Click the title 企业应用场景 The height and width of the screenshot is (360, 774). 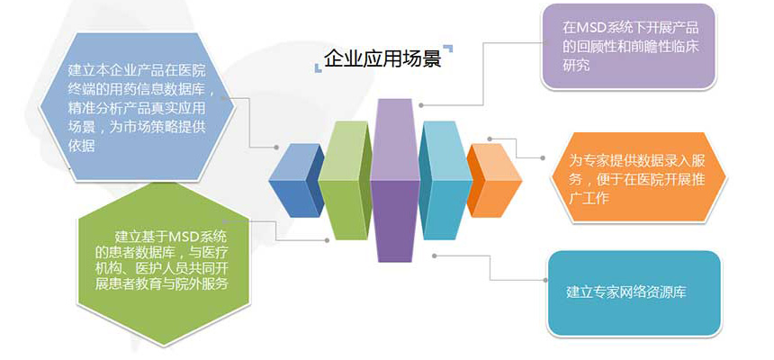(382, 58)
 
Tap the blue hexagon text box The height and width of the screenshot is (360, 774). (137, 107)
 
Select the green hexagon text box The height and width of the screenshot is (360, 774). (164, 265)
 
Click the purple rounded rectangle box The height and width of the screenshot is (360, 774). (628, 47)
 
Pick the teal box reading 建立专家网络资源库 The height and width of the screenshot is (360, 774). (634, 293)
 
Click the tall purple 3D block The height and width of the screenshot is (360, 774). (394, 180)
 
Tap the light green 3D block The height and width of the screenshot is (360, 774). (345, 180)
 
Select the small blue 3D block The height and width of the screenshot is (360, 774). (296, 181)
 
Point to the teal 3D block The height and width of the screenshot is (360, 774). (445, 180)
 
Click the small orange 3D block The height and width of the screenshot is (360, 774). (494, 181)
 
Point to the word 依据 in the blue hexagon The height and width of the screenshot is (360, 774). (81, 146)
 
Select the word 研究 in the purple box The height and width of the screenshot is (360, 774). (576, 65)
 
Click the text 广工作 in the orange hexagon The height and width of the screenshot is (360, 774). (589, 198)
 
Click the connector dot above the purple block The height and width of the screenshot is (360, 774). (421, 105)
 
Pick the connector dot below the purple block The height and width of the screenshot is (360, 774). (435, 256)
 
